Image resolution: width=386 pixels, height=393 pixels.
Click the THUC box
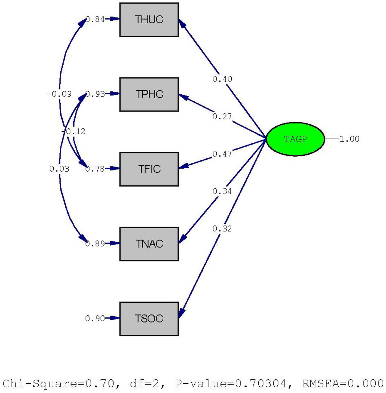(149, 20)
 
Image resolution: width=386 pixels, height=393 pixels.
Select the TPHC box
(149, 94)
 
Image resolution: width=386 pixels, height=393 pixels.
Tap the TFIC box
(149, 169)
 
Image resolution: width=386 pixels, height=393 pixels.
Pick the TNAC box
(149, 244)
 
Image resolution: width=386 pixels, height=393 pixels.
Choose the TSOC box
(149, 319)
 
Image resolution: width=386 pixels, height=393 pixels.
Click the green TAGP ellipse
(295, 139)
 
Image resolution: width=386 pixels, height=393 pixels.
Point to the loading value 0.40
(222, 79)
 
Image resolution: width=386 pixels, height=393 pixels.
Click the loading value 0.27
(222, 117)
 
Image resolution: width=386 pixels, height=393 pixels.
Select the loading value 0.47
(222, 154)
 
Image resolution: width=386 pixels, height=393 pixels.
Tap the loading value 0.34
(222, 191)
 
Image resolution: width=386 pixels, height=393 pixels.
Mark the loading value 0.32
(222, 229)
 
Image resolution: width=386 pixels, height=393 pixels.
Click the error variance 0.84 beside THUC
(95, 19)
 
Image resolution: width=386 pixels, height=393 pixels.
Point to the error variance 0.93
(95, 94)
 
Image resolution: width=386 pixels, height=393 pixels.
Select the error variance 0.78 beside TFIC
(95, 169)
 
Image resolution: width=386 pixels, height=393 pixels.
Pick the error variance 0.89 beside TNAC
(95, 244)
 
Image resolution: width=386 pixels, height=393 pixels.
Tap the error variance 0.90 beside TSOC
(95, 318)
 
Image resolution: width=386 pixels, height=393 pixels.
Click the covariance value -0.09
(59, 94)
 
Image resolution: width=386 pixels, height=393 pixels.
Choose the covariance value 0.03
(59, 169)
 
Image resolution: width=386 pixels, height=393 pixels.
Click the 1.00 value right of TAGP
(350, 139)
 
